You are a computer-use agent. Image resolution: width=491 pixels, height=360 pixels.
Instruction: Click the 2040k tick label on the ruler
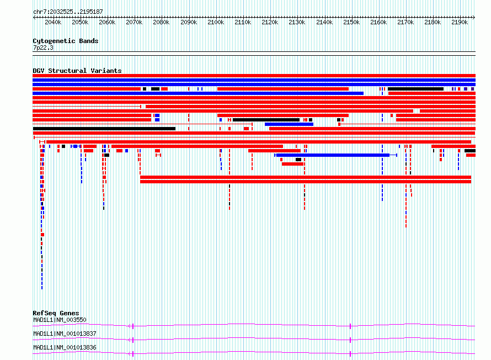point(53,22)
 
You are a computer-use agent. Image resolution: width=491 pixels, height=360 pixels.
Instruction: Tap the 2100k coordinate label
point(216,22)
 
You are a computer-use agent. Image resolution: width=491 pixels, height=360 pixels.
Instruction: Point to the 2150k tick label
point(351,22)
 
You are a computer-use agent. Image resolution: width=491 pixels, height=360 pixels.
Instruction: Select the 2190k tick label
point(460,22)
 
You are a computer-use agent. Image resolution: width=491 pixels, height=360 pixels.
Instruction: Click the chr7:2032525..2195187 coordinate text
point(68,12)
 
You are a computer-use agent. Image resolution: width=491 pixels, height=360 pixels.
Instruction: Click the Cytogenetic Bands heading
point(66,41)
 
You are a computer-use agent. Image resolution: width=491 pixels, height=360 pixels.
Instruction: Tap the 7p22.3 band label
point(43,47)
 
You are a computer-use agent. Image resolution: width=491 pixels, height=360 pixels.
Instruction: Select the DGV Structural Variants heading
point(77,71)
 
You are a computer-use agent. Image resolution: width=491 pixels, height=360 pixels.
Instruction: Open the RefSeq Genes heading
point(56,313)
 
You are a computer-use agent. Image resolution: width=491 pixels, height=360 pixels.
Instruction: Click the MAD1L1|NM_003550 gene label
point(60,320)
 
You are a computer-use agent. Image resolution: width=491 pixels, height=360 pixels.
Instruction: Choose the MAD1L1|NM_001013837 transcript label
point(65,333)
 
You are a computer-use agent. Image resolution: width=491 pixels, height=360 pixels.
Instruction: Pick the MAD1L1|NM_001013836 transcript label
point(65,347)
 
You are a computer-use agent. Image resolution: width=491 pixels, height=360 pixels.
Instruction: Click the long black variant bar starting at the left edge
point(104,129)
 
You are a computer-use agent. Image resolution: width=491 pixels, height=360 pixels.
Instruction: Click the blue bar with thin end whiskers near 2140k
point(335,155)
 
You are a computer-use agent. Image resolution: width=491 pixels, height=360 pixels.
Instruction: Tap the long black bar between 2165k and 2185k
point(415,89)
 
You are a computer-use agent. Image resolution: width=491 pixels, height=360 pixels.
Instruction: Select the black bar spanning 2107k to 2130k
point(266,120)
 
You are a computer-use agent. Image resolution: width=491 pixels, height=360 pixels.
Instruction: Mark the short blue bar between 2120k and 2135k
point(289,124)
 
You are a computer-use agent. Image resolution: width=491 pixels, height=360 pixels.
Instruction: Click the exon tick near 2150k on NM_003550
point(350,326)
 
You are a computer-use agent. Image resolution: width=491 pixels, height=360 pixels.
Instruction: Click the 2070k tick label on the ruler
point(134,22)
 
